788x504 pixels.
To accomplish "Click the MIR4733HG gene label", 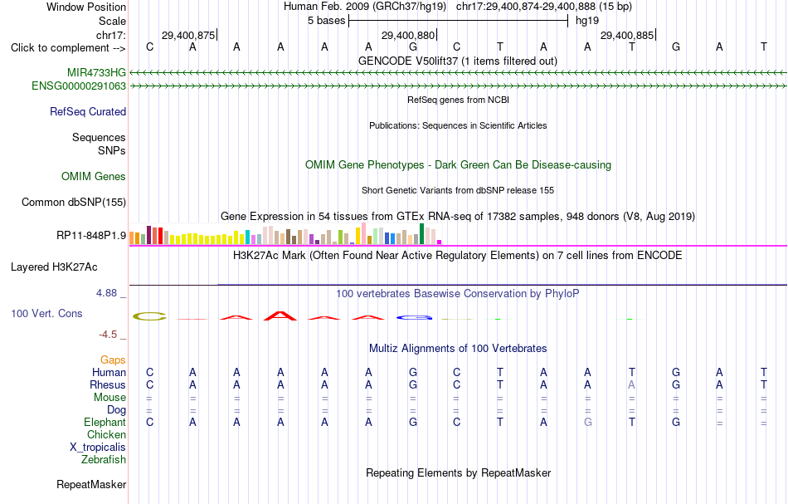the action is (96, 72).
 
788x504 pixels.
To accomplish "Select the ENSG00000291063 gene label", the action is (79, 86).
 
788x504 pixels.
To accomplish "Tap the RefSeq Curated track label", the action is (88, 111).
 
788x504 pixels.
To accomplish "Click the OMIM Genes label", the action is (94, 177).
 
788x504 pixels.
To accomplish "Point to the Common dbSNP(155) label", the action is (74, 203).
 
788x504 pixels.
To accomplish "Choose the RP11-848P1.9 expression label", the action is (91, 236).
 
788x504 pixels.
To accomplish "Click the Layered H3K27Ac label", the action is (54, 267).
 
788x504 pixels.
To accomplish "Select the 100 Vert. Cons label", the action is (46, 313).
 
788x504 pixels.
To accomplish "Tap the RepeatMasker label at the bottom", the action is (91, 484).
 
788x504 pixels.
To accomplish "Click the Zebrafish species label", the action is (104, 460).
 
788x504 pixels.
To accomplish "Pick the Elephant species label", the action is (105, 423).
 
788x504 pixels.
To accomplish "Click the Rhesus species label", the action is (108, 384).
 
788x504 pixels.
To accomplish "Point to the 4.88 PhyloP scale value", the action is (106, 293).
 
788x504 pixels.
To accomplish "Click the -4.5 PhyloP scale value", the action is (108, 335).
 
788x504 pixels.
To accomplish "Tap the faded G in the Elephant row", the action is (587, 423).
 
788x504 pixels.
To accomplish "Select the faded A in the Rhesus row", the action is (632, 384).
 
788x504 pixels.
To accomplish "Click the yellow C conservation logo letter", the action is (149, 316).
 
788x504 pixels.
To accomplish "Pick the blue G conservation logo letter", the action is (414, 317).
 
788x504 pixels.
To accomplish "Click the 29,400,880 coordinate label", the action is (407, 35).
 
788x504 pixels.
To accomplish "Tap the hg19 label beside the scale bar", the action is (587, 21).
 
